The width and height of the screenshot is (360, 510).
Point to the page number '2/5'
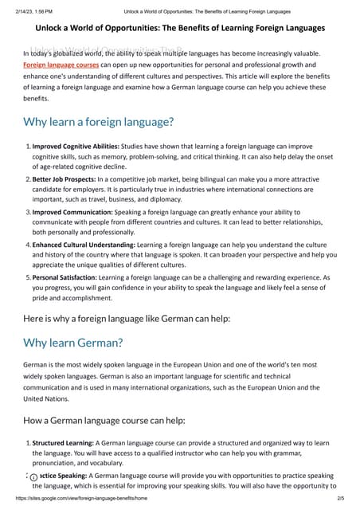[340, 498]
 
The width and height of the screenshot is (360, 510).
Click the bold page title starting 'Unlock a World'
[179, 28]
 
